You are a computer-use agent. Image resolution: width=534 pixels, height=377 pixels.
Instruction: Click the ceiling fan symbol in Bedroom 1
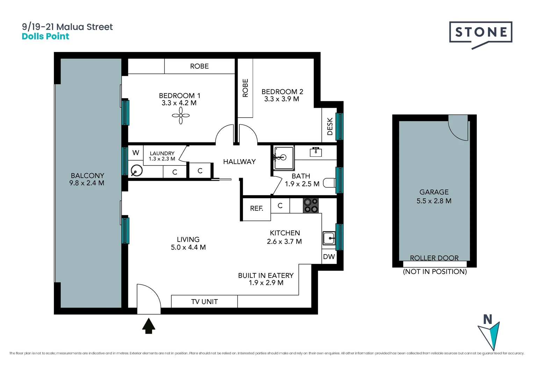pyautogui.click(x=181, y=116)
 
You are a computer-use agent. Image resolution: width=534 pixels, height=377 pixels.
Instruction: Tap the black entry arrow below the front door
pyautogui.click(x=149, y=325)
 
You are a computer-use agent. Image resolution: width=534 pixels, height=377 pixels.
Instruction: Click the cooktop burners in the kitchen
pyautogui.click(x=310, y=206)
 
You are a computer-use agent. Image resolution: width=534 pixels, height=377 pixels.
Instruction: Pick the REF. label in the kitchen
pyautogui.click(x=257, y=208)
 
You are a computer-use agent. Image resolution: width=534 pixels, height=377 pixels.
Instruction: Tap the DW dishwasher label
pyautogui.click(x=329, y=257)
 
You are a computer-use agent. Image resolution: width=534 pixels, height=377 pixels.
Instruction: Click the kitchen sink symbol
pyautogui.click(x=329, y=238)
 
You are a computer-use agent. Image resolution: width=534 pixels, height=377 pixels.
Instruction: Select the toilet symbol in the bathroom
pyautogui.click(x=329, y=183)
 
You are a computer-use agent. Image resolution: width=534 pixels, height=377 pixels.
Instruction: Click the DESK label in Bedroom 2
pyautogui.click(x=330, y=126)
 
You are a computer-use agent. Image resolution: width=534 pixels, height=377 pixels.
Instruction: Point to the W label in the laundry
pyautogui.click(x=136, y=153)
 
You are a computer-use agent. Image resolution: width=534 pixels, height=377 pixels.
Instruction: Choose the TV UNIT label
pyautogui.click(x=204, y=302)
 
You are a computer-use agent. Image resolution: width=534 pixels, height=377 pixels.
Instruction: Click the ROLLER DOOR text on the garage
pyautogui.click(x=434, y=258)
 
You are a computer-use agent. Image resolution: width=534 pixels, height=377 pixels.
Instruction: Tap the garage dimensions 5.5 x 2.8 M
pyautogui.click(x=434, y=201)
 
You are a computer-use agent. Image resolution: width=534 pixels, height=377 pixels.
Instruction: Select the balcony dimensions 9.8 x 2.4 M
pyautogui.click(x=87, y=183)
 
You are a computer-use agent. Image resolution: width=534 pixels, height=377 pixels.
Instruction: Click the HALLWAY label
pyautogui.click(x=239, y=162)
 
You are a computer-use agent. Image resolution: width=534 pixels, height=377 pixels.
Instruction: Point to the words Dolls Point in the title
pyautogui.click(x=45, y=36)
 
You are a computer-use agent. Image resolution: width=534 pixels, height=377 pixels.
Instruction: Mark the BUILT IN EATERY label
pyautogui.click(x=266, y=275)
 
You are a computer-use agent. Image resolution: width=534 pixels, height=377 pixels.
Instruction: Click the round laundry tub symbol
pyautogui.click(x=136, y=171)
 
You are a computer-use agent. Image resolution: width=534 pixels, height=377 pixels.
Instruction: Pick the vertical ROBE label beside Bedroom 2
pyautogui.click(x=245, y=88)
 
